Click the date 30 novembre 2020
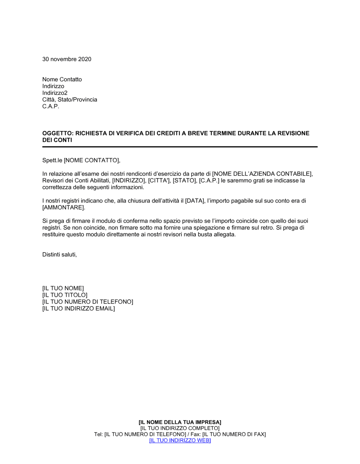(67, 59)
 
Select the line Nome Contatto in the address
(62, 79)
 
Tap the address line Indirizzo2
(55, 93)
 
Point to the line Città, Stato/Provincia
(69, 100)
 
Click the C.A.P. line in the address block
(51, 106)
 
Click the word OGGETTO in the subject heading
(57, 133)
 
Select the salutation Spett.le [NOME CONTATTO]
(81, 160)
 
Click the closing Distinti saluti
(59, 255)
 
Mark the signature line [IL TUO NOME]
(63, 288)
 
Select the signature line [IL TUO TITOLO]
(65, 295)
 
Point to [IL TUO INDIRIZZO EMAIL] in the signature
(78, 309)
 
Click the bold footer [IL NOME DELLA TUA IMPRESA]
(180, 422)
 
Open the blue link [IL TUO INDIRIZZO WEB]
(180, 441)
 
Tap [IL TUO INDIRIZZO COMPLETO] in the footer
(180, 428)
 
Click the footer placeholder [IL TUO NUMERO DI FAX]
(234, 435)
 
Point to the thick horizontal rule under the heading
(180, 147)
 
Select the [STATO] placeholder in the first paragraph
(184, 181)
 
